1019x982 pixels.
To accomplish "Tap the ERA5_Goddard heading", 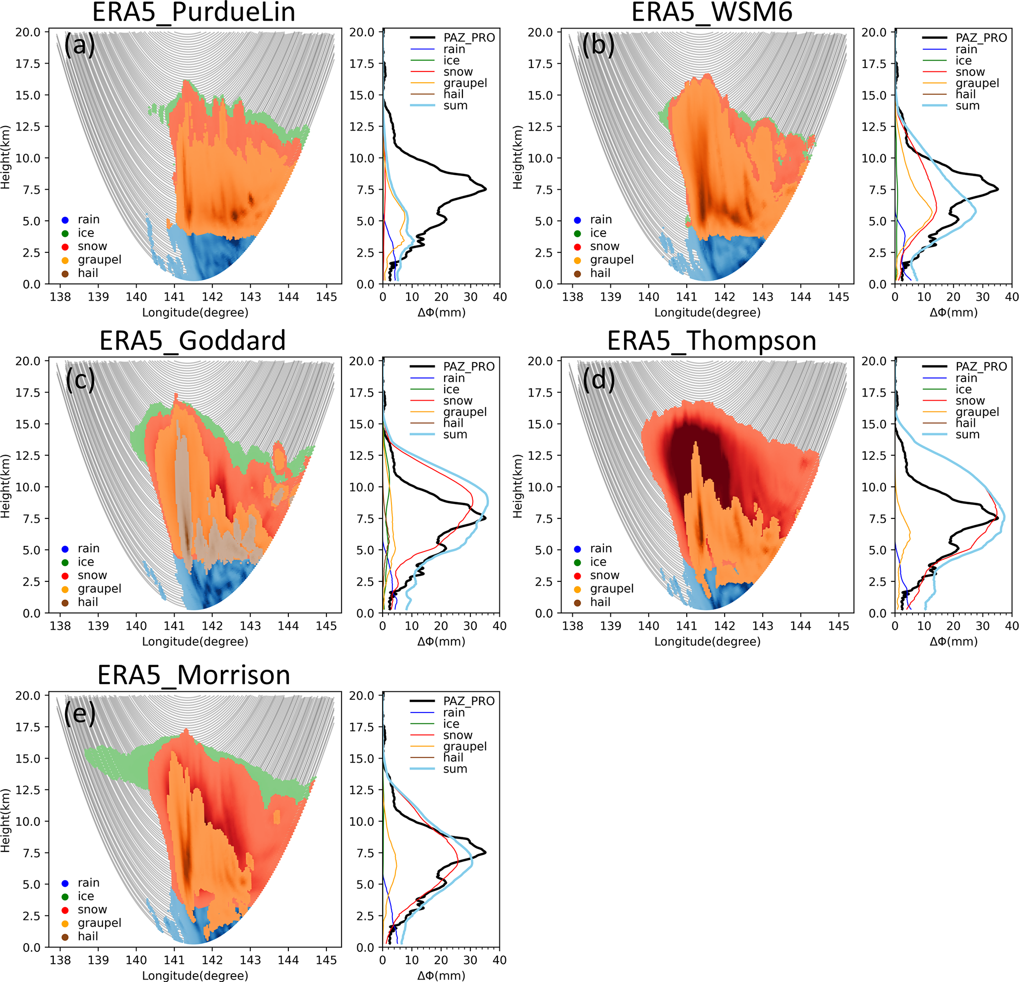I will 192,340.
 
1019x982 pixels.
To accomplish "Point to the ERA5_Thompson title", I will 711,340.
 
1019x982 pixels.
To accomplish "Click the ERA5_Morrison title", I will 193,675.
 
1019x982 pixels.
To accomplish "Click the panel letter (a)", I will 79,45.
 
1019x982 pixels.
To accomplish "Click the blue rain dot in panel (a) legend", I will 65,220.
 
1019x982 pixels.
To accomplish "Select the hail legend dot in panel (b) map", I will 577,274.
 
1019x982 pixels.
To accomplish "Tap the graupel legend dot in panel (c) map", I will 65,589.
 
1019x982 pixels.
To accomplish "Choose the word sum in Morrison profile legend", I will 455,769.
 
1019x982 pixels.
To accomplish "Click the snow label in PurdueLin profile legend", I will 457,72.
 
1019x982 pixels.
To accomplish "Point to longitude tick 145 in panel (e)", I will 326,960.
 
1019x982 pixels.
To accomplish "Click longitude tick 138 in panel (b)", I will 572,297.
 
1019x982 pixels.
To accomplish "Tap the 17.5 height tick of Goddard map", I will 28,393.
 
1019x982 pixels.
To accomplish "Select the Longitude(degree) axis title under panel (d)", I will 707,641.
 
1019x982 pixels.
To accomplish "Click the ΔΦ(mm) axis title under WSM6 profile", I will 953,312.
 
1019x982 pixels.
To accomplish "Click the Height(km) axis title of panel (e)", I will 6,821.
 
